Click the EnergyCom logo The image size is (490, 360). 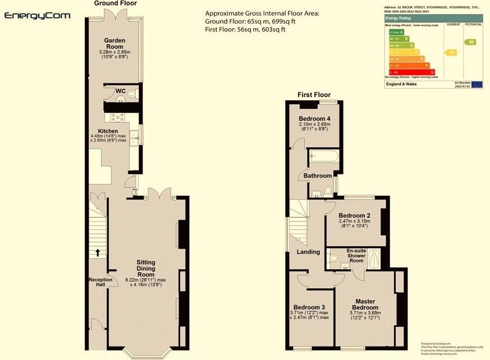[x=38, y=16]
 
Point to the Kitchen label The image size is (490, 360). [x=108, y=131]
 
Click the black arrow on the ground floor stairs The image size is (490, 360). [x=98, y=252]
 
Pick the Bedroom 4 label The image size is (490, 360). [x=315, y=119]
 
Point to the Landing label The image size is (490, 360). [x=308, y=252]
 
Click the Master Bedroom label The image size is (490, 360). [x=365, y=304]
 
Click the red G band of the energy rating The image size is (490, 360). [x=410, y=72]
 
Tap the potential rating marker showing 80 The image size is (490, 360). [x=470, y=42]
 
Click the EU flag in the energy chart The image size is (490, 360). [x=477, y=84]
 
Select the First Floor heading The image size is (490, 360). [x=314, y=95]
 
